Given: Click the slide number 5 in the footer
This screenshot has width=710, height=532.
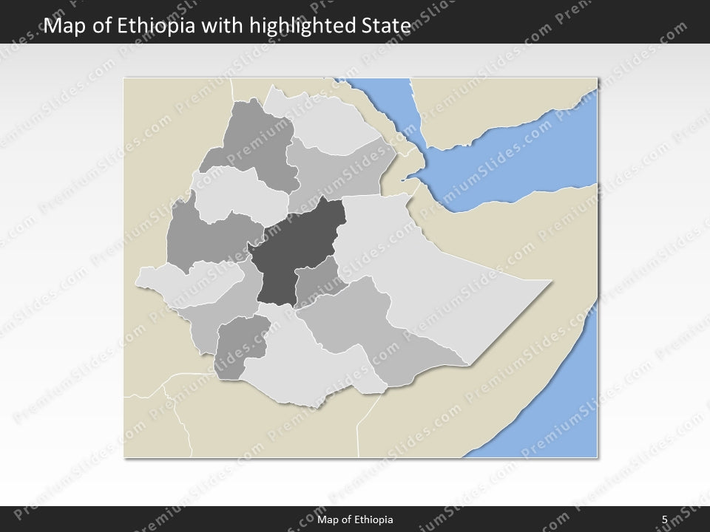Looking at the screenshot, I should click(x=664, y=519).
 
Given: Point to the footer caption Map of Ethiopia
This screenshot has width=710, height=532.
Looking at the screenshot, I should click(x=355, y=519).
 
